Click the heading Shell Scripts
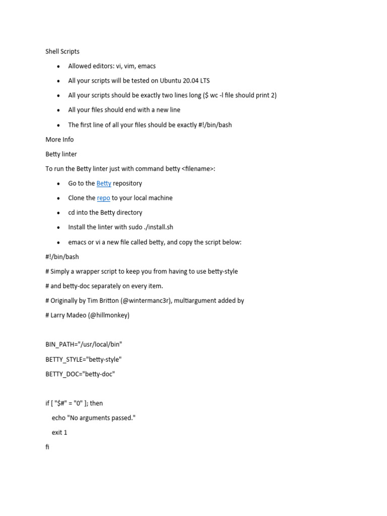pyautogui.click(x=62, y=51)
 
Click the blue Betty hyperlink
pyautogui.click(x=104, y=183)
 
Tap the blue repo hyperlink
pyautogui.click(x=103, y=198)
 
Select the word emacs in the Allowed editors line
pyautogui.click(x=147, y=66)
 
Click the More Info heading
pyautogui.click(x=59, y=140)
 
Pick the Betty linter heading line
pyautogui.click(x=61, y=154)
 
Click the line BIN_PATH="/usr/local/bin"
pyautogui.click(x=84, y=345)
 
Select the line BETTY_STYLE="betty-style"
pyautogui.click(x=83, y=359)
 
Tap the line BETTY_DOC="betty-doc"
pyautogui.click(x=80, y=374)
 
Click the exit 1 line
pyautogui.click(x=59, y=432)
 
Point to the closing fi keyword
pyautogui.click(x=47, y=447)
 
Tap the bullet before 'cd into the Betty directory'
pyautogui.click(x=58, y=213)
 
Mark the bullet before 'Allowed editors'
pyautogui.click(x=58, y=67)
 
